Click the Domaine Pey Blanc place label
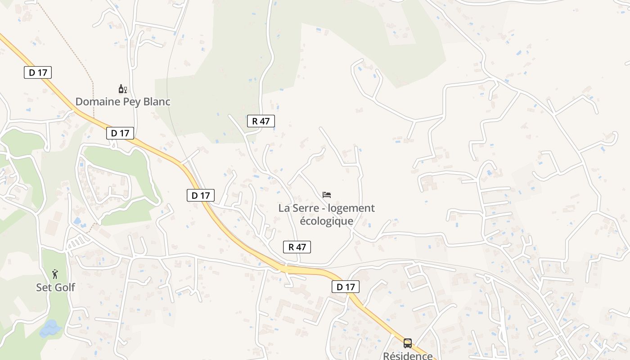(123, 102)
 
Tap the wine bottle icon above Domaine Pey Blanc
(122, 89)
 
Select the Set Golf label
(55, 287)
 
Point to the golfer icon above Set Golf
(55, 274)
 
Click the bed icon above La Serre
(327, 195)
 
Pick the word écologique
(326, 221)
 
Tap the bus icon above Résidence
(408, 343)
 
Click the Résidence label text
(408, 356)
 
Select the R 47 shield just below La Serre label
(297, 247)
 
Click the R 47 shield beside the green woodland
(261, 121)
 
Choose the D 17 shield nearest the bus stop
(346, 287)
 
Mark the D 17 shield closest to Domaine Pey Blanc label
(120, 133)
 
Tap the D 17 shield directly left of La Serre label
(201, 195)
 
